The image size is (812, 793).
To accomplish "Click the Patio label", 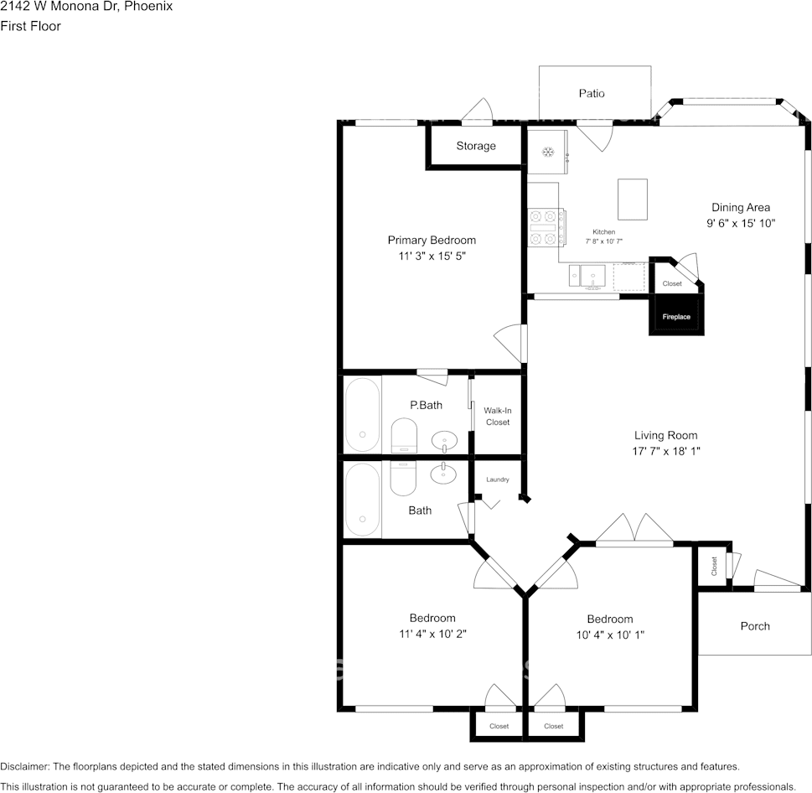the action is pos(592,93).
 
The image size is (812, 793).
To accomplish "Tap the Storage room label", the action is pos(476,146).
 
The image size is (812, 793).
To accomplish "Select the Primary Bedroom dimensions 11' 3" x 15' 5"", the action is pos(432,256).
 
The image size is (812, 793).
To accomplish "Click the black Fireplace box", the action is pos(676,314).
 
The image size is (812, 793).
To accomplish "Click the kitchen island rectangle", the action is pos(633,200).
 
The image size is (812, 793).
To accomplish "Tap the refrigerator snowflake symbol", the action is pos(548,153).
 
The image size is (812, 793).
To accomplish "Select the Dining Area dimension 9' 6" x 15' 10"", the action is pos(741,223).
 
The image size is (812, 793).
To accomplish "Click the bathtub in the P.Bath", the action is pos(363,415).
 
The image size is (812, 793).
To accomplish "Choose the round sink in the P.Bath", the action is pos(444,442).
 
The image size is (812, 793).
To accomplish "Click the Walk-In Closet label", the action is pos(497,417).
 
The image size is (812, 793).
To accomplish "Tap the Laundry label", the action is pos(497,479).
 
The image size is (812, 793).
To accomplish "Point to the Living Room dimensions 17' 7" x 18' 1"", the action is pos(666,451).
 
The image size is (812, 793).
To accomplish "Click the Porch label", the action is pos(755,626).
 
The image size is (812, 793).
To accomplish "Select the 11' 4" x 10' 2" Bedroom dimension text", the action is pos(432,634).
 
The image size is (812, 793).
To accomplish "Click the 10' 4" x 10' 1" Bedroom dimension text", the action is pos(610,635).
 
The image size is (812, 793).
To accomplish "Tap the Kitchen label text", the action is pos(604,232).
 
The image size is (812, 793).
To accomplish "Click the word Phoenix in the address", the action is pos(148,6).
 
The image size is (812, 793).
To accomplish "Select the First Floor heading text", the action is pos(30,26).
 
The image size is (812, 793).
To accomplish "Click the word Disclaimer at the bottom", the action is pos(24,766).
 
